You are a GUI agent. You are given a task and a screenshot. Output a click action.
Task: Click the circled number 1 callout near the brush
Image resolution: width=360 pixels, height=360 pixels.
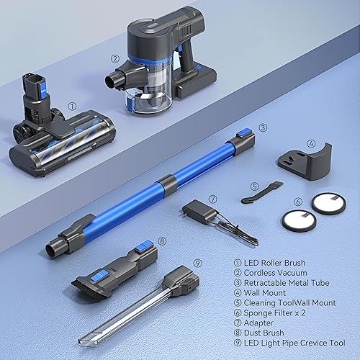point(71,106)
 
